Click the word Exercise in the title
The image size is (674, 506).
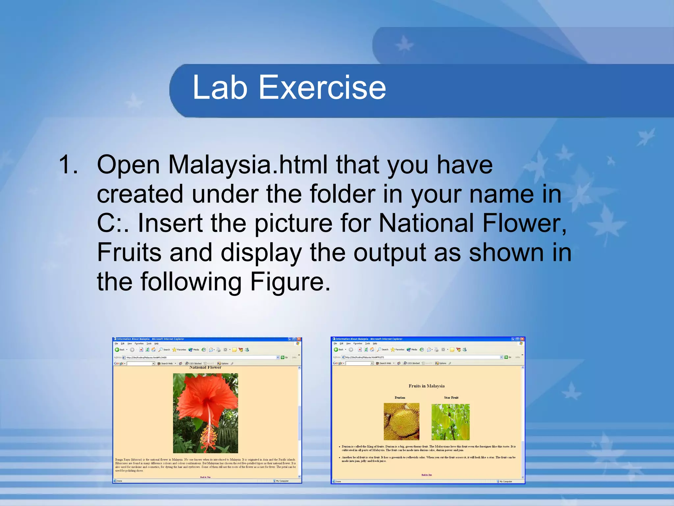pos(322,87)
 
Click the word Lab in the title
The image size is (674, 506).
pos(220,87)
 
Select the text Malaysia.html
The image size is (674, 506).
pos(248,164)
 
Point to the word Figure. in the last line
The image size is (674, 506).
pos(290,282)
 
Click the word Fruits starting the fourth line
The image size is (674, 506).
pos(129,252)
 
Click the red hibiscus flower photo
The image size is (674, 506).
pos(205,413)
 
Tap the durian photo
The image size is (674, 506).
pos(402,421)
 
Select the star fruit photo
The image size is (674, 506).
pos(451,422)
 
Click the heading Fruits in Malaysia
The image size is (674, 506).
pos(427,386)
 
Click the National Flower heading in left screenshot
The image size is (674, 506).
pos(205,368)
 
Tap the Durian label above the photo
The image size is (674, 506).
pos(400,398)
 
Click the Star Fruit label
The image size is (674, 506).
pos(451,398)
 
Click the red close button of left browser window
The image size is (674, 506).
pos(299,339)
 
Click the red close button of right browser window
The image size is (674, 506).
pos(522,339)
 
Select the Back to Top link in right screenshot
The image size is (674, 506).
pos(427,475)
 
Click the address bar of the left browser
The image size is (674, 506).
pos(201,357)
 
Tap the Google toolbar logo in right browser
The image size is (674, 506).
pos(338,363)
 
